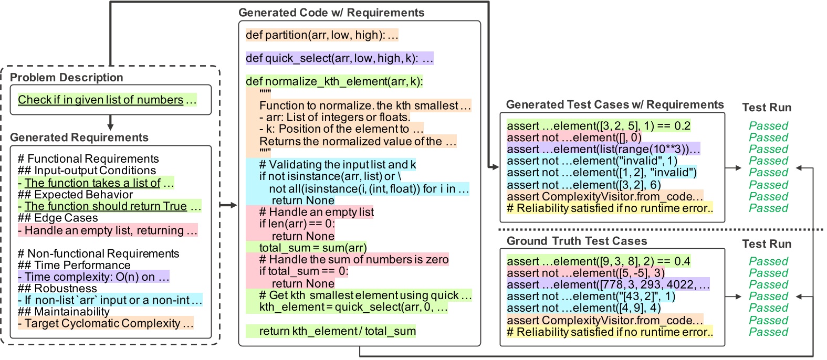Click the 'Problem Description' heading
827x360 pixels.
(x=67, y=78)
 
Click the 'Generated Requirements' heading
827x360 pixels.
(x=79, y=137)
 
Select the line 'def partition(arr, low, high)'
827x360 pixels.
(x=322, y=35)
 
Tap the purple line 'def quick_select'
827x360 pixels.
(x=339, y=58)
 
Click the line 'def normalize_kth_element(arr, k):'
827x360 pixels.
(x=334, y=81)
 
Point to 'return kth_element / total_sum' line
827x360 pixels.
(x=337, y=331)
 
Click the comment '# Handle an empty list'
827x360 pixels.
(x=316, y=212)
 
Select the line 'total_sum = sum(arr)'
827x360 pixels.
(x=313, y=248)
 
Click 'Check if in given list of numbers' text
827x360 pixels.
(x=101, y=100)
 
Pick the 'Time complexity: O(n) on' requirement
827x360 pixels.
(x=93, y=277)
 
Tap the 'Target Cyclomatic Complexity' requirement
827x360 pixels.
(x=106, y=323)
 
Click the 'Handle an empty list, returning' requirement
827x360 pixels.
(x=108, y=230)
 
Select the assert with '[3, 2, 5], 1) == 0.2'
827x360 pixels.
(x=598, y=126)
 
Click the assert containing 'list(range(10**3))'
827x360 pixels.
(x=603, y=149)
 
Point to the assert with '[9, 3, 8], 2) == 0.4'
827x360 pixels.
(x=598, y=261)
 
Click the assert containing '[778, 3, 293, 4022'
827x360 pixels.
(x=608, y=284)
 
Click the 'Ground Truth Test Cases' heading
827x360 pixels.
(x=577, y=241)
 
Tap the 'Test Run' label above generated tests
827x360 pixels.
(x=766, y=108)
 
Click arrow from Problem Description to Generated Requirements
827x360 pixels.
(x=110, y=122)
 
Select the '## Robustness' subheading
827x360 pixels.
(x=57, y=289)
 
